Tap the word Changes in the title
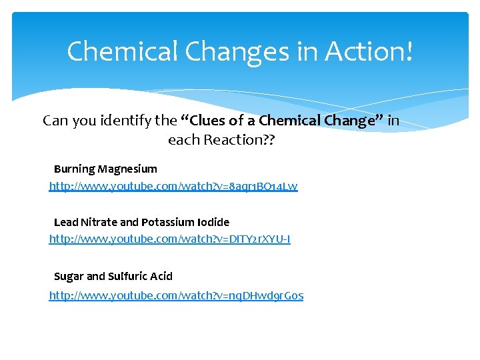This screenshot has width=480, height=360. point(223,51)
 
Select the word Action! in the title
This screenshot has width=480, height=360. point(369,51)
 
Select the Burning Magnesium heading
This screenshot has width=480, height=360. point(105,169)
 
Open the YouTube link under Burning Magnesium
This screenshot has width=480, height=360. point(173,187)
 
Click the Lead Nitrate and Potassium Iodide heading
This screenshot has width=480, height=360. point(141,222)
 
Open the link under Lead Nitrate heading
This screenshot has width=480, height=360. point(169,239)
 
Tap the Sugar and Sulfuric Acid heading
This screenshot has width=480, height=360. point(113,276)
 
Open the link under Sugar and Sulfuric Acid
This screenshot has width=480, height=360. point(176,295)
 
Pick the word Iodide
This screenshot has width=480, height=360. point(213,222)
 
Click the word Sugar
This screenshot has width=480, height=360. point(68,276)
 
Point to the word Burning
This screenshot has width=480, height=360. point(73,169)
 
